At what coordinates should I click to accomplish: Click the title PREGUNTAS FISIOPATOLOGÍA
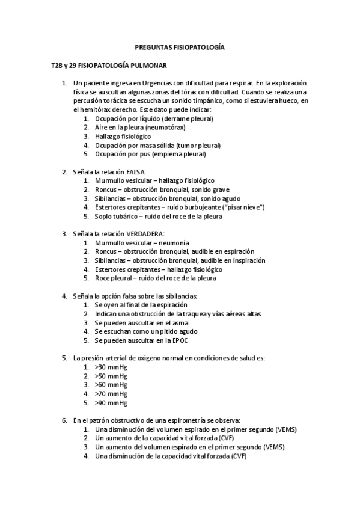[x=179, y=46]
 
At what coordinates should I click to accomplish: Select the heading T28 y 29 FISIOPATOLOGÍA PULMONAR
[x=109, y=64]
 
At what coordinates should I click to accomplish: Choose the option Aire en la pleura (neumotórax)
[x=139, y=127]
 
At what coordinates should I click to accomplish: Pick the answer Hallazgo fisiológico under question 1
[x=123, y=137]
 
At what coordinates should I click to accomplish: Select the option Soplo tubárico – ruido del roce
[x=158, y=217]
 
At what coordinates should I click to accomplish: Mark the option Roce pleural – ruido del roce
[x=155, y=278]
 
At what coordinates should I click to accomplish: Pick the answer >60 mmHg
[x=111, y=385]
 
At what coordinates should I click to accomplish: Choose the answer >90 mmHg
[x=111, y=403]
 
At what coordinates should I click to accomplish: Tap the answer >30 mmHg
[x=111, y=367]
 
